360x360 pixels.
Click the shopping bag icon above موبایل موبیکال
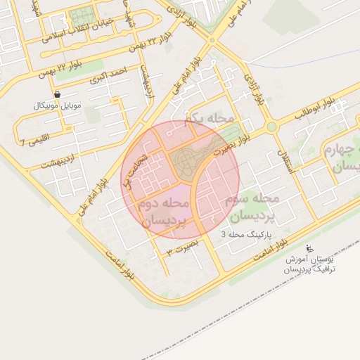click(x=56, y=94)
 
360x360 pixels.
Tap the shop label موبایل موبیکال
click(x=58, y=105)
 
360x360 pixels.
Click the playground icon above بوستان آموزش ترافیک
click(x=309, y=248)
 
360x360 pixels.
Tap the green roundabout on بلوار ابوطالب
click(x=271, y=127)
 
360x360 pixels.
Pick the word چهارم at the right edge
click(x=342, y=151)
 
